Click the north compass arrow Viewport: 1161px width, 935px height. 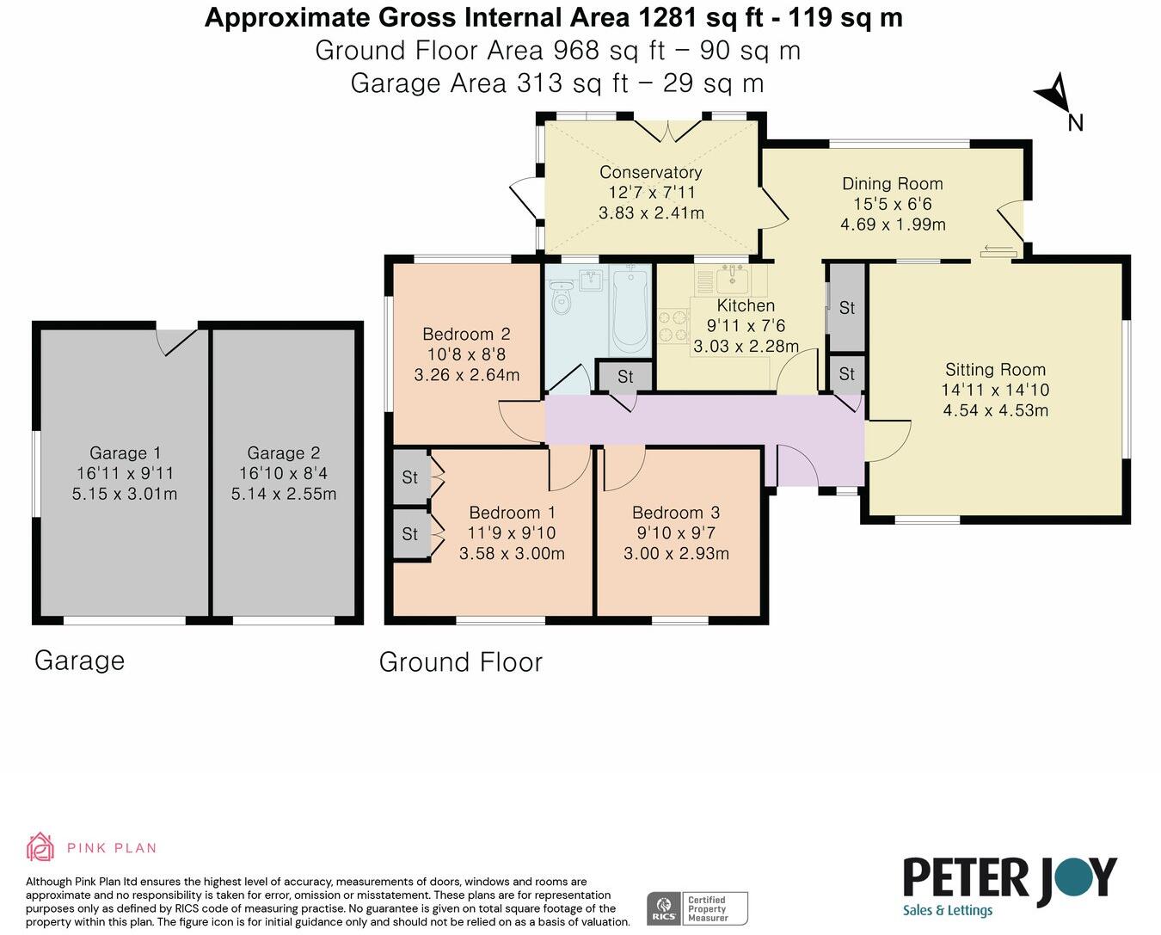[x=1055, y=95]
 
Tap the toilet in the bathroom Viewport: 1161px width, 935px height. [x=562, y=298]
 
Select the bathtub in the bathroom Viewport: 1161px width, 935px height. [x=630, y=310]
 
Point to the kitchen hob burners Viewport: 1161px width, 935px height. [x=673, y=326]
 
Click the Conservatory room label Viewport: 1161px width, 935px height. [x=650, y=172]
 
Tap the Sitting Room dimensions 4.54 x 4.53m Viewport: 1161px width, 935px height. [x=995, y=410]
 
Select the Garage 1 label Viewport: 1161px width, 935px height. [x=125, y=453]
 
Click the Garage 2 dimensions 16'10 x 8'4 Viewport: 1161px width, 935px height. [x=283, y=473]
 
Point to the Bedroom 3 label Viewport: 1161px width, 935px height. [x=675, y=513]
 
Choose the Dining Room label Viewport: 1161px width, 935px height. [x=892, y=183]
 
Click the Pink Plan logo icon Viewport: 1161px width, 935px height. [x=40, y=847]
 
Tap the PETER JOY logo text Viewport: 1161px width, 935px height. [x=1009, y=878]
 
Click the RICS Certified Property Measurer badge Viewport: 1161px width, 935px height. [x=697, y=908]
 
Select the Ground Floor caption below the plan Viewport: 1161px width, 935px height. [x=460, y=661]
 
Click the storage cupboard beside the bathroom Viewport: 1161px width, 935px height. [x=625, y=377]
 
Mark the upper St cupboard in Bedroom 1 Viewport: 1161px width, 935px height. [x=410, y=477]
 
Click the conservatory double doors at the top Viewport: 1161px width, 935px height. [x=669, y=130]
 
